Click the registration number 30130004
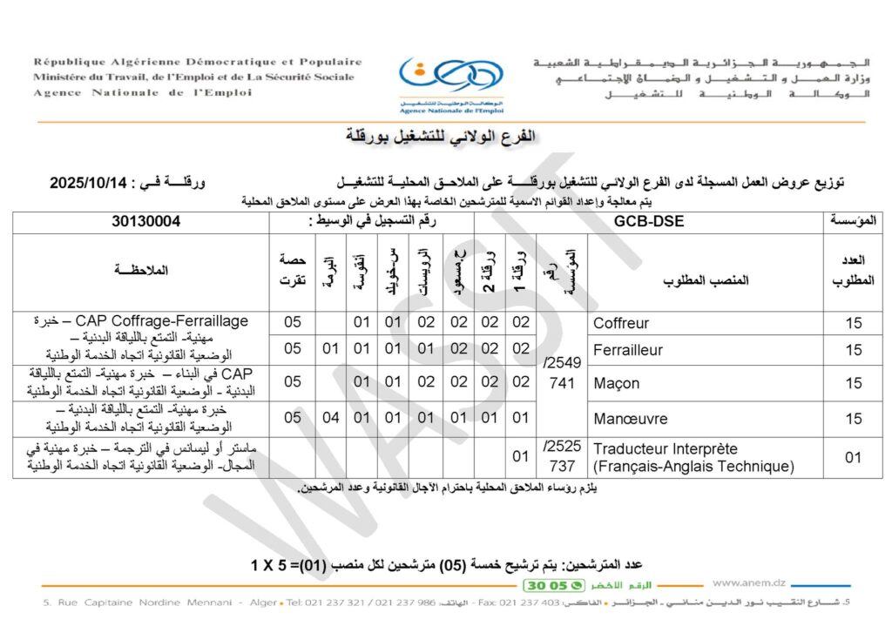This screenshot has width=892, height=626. click(145, 221)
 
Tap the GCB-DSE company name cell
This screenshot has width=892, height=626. click(649, 221)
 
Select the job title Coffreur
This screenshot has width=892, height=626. click(621, 323)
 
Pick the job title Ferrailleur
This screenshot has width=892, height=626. click(628, 350)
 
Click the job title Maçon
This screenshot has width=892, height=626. click(617, 383)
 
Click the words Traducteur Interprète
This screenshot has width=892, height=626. click(666, 449)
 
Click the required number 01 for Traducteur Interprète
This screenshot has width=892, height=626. click(854, 458)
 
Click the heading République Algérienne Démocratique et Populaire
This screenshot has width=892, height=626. click(198, 62)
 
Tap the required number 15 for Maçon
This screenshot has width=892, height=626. click(854, 383)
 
